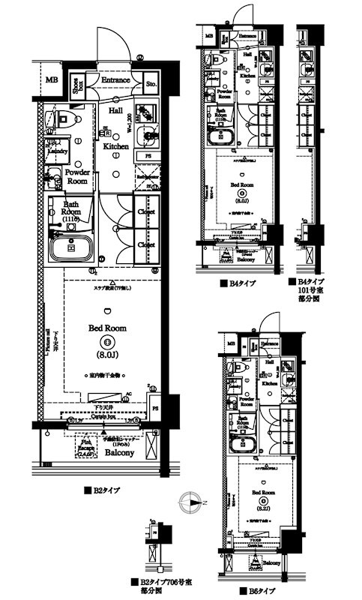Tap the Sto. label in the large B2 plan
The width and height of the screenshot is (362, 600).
pos(150,83)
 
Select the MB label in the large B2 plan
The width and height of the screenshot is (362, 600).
pos(51,80)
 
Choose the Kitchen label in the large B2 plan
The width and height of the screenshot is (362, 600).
pos(116,146)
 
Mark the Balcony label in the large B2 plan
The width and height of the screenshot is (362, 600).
pos(118,453)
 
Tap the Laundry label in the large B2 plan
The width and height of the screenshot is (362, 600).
pos(58,150)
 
